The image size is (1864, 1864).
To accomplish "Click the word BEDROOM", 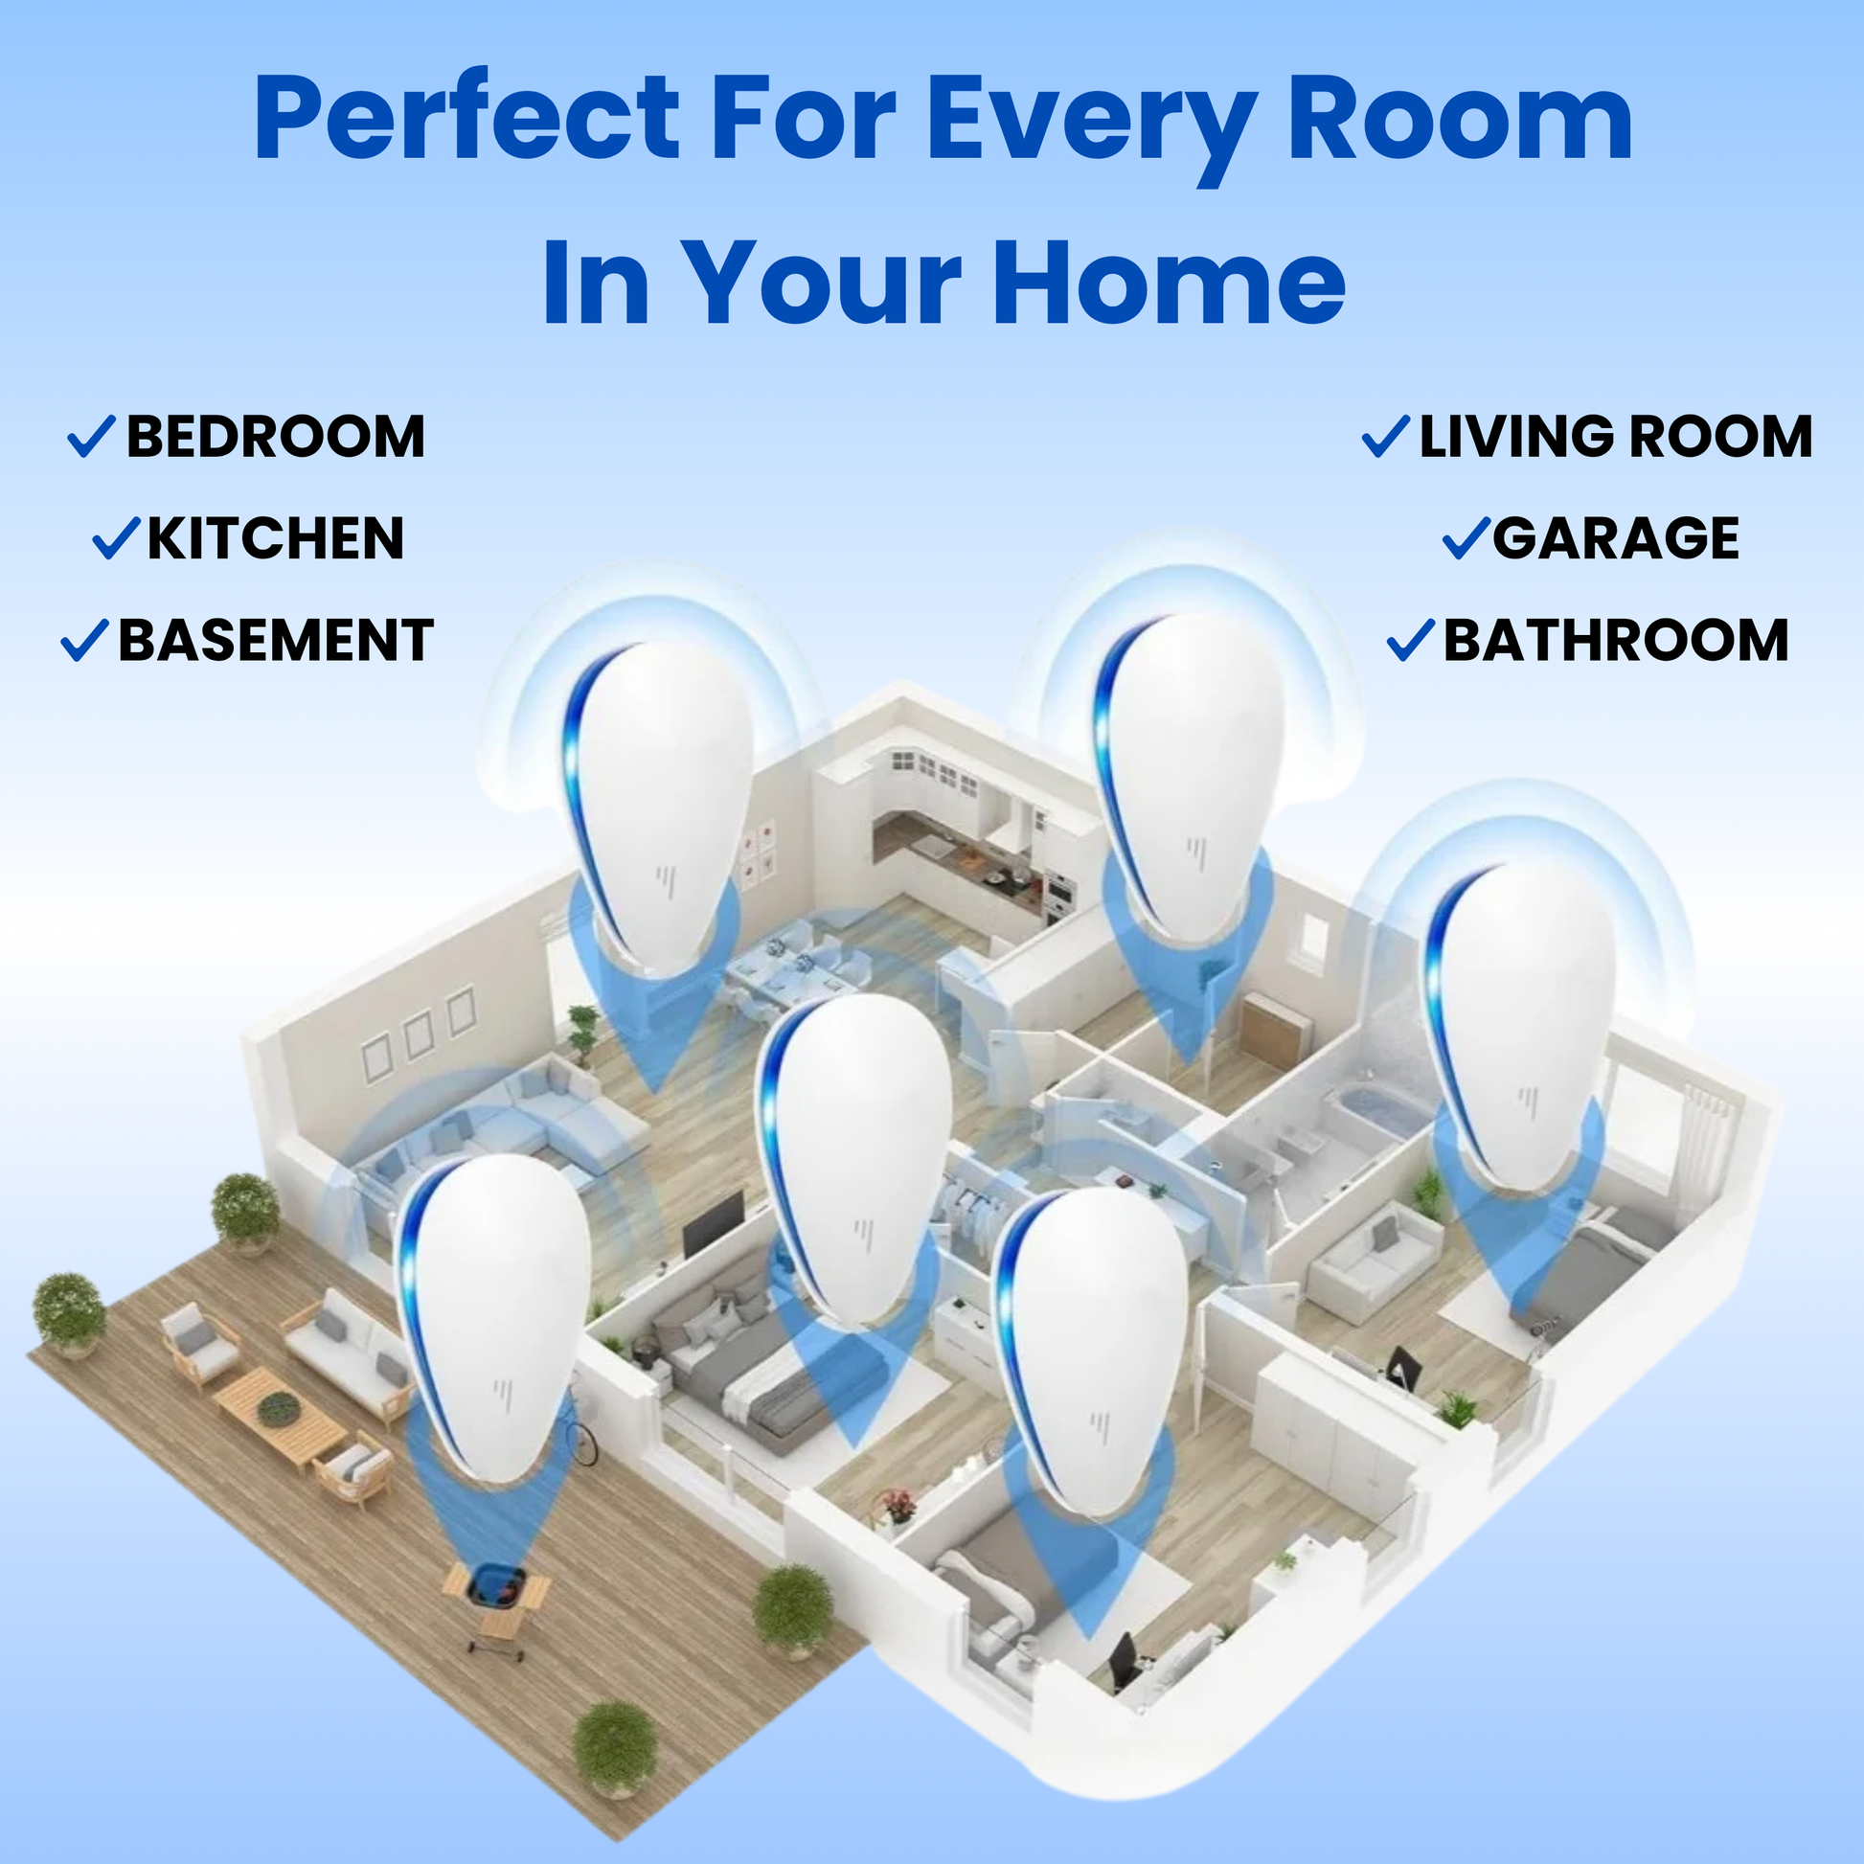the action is [275, 437].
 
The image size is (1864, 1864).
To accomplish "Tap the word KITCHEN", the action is [275, 538].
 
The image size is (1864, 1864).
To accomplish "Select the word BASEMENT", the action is [275, 641].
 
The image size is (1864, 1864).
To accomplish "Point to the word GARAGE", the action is [1615, 538].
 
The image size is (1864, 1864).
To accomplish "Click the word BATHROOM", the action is [1615, 641].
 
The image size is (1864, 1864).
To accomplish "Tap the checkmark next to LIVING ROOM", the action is [1385, 436].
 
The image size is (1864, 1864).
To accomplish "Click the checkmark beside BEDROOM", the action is [92, 436].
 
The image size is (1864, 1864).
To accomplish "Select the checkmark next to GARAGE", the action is [1466, 538].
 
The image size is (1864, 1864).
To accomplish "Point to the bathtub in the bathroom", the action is [1375, 1109].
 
